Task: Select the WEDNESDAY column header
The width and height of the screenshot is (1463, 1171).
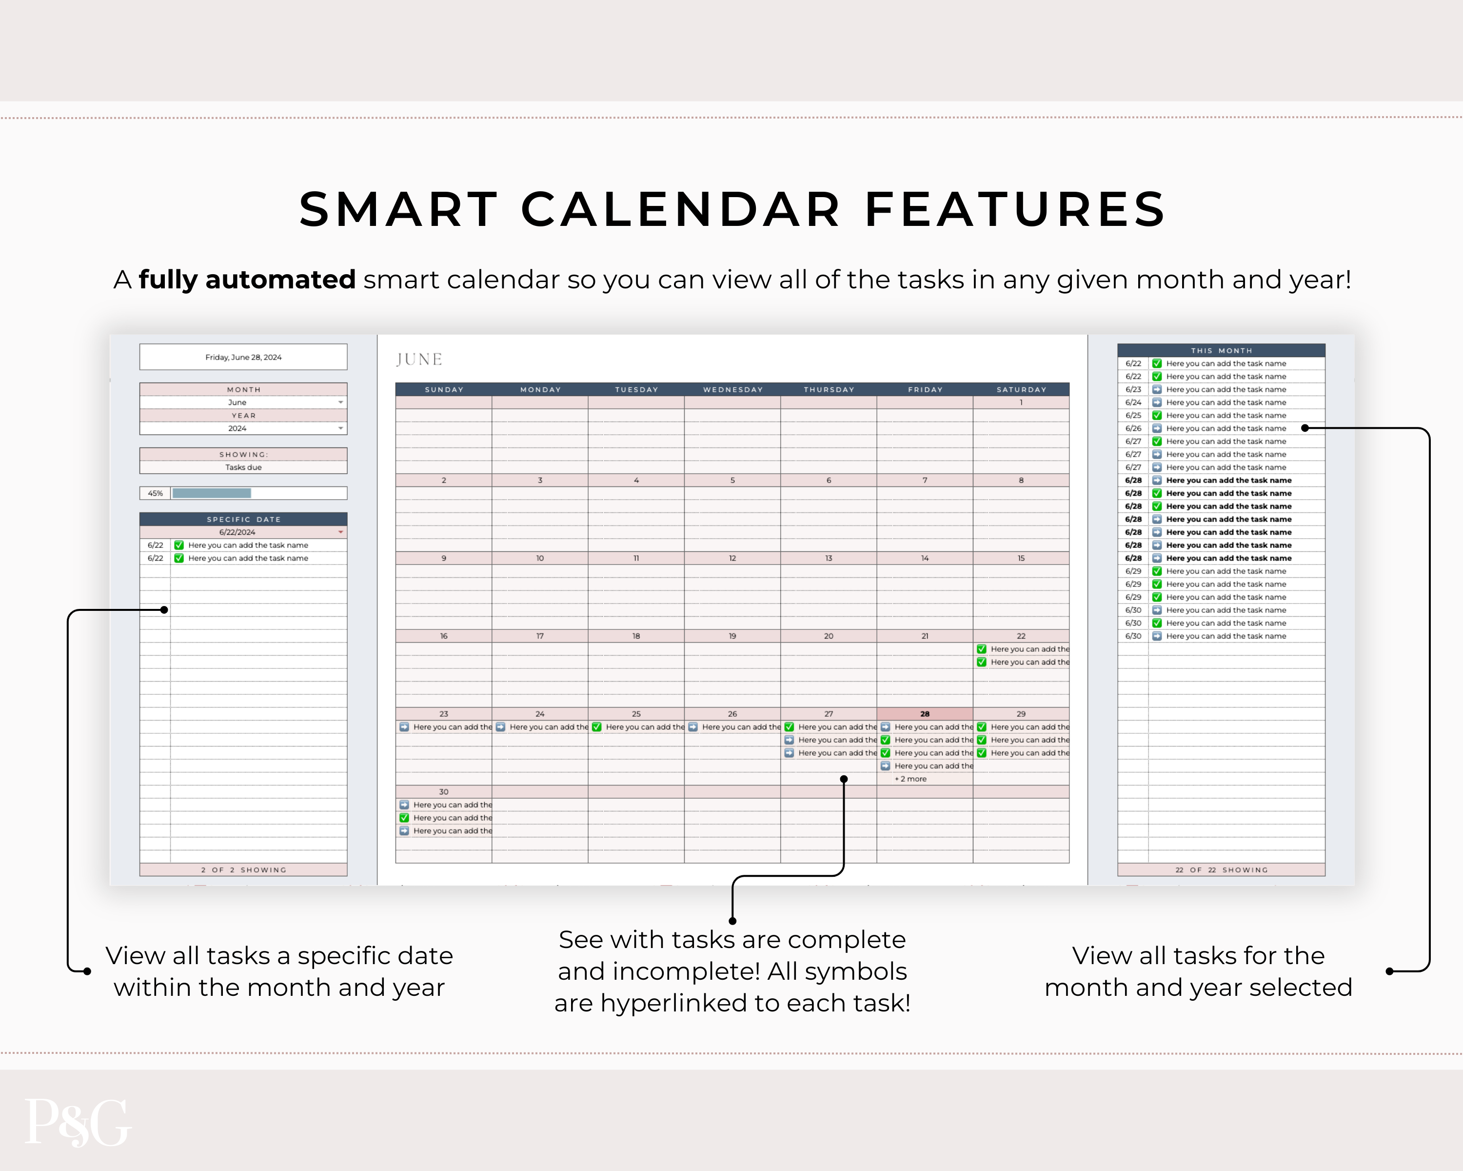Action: [733, 390]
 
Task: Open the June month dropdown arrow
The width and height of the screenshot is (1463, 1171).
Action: [341, 403]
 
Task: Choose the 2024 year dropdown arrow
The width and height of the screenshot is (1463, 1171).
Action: [341, 428]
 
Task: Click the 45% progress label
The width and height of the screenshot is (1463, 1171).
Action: [156, 493]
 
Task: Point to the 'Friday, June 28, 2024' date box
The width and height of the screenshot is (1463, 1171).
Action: [244, 357]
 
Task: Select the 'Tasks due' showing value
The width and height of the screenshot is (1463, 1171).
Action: [244, 468]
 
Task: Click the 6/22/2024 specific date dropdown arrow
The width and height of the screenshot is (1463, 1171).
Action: [341, 532]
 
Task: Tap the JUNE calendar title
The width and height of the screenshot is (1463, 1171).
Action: [419, 359]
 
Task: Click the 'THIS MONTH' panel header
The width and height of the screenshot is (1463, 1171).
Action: [1222, 351]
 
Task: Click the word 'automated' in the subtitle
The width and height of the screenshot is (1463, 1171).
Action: [280, 280]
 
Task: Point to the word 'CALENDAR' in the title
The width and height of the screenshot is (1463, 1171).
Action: [681, 209]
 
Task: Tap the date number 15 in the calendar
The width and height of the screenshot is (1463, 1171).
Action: [1021, 559]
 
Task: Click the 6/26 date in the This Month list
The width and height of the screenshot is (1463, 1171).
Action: [1133, 429]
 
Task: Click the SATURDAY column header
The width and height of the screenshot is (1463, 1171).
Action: [1021, 390]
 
